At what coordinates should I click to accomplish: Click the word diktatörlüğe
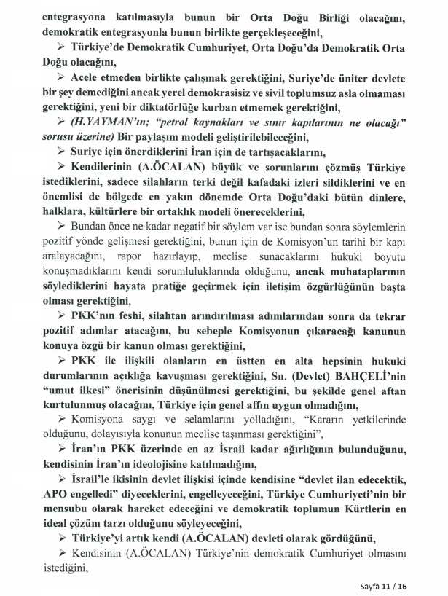click(170, 106)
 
